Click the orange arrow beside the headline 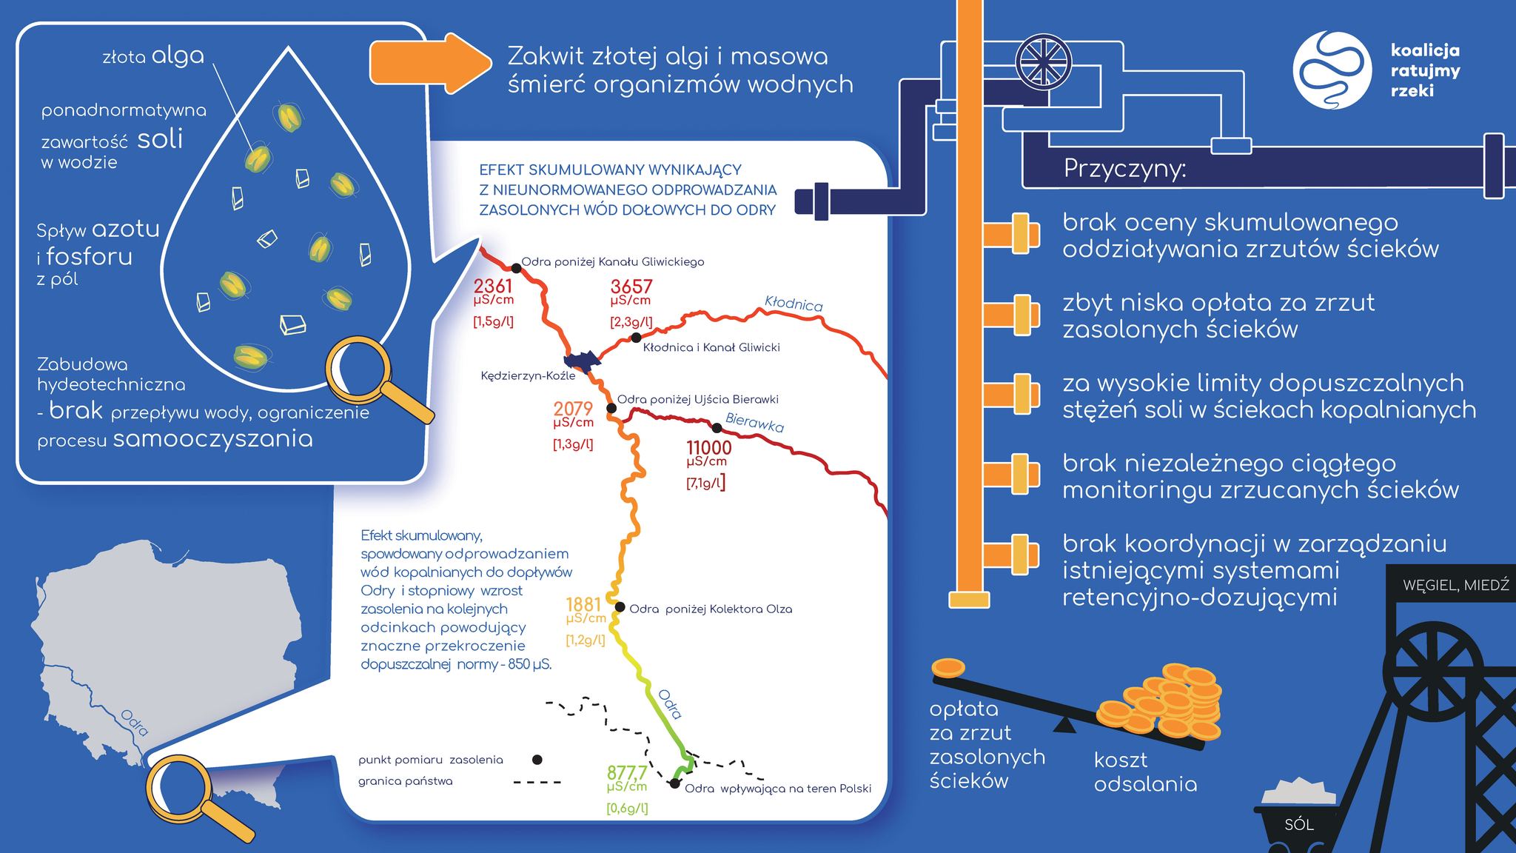tap(430, 64)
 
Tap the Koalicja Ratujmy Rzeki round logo tap(1331, 70)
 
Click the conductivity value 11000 tap(708, 447)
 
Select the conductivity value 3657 tap(631, 287)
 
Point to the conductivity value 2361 tap(493, 287)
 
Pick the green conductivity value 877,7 tap(627, 774)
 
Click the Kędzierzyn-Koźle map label tap(528, 375)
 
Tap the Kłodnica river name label tap(794, 303)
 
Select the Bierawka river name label tap(754, 422)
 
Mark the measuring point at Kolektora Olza tap(620, 608)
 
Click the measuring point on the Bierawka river tap(717, 427)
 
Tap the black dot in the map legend tap(537, 760)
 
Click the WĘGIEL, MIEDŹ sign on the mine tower tap(1455, 585)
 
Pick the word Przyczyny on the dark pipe tap(1124, 170)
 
